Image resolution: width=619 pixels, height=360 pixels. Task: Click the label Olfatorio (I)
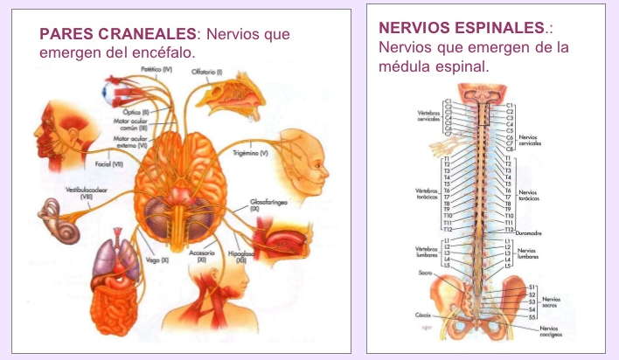pos(207,72)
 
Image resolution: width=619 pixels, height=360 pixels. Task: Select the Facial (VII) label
pos(97,163)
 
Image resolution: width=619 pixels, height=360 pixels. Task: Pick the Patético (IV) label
pos(156,67)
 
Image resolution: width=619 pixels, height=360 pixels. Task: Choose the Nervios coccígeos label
pos(551,330)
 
